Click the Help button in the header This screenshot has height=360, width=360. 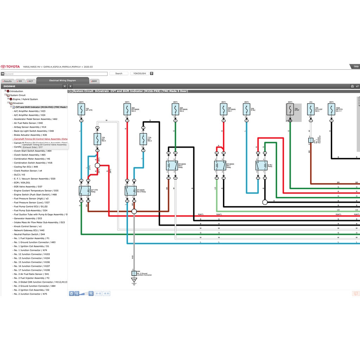(356, 66)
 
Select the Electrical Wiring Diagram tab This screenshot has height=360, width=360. (62, 81)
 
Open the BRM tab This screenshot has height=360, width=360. (94, 81)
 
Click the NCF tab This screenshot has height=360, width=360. (31, 81)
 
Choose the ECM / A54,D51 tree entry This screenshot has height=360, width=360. (22, 183)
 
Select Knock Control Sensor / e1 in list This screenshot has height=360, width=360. (27, 226)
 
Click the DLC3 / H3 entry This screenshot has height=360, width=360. (19, 175)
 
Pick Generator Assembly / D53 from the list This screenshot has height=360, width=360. (28, 218)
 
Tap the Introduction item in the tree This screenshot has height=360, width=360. (16, 91)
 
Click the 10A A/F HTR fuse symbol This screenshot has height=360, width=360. (81, 110)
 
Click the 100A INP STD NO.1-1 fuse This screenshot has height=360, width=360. (332, 110)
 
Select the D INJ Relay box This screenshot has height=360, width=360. (261, 166)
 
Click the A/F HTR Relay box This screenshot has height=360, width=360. (85, 191)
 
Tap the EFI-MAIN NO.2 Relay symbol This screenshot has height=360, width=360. (172, 166)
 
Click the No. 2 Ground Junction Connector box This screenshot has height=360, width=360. (134, 273)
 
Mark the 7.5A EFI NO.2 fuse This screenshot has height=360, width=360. (143, 139)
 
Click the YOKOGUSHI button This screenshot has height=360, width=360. (140, 73)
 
